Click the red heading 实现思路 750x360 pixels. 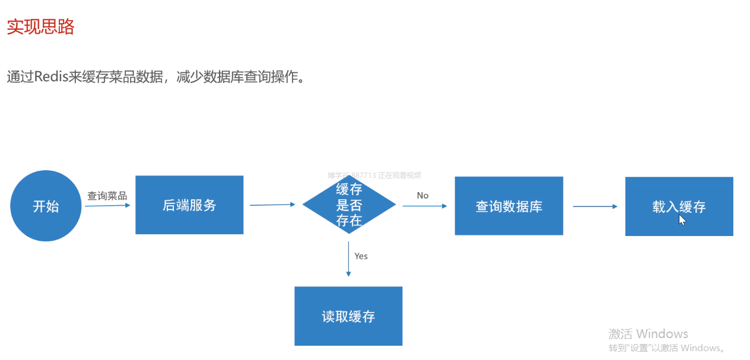(40, 27)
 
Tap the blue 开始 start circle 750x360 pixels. (46, 206)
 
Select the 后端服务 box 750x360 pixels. (189, 205)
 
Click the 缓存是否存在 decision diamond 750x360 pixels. (349, 205)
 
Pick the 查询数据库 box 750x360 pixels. (509, 206)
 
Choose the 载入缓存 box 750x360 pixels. (679, 206)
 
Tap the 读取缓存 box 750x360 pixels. (348, 316)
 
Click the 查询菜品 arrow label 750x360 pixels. (107, 196)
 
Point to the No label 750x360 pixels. (422, 196)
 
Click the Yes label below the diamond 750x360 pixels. (361, 256)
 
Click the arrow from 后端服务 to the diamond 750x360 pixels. (272, 205)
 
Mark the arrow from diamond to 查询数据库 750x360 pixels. (425, 206)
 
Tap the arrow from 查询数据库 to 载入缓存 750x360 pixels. (595, 206)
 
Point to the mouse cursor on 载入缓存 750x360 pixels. (682, 219)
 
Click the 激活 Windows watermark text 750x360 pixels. (648, 333)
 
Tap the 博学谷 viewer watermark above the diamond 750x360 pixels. (374, 175)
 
